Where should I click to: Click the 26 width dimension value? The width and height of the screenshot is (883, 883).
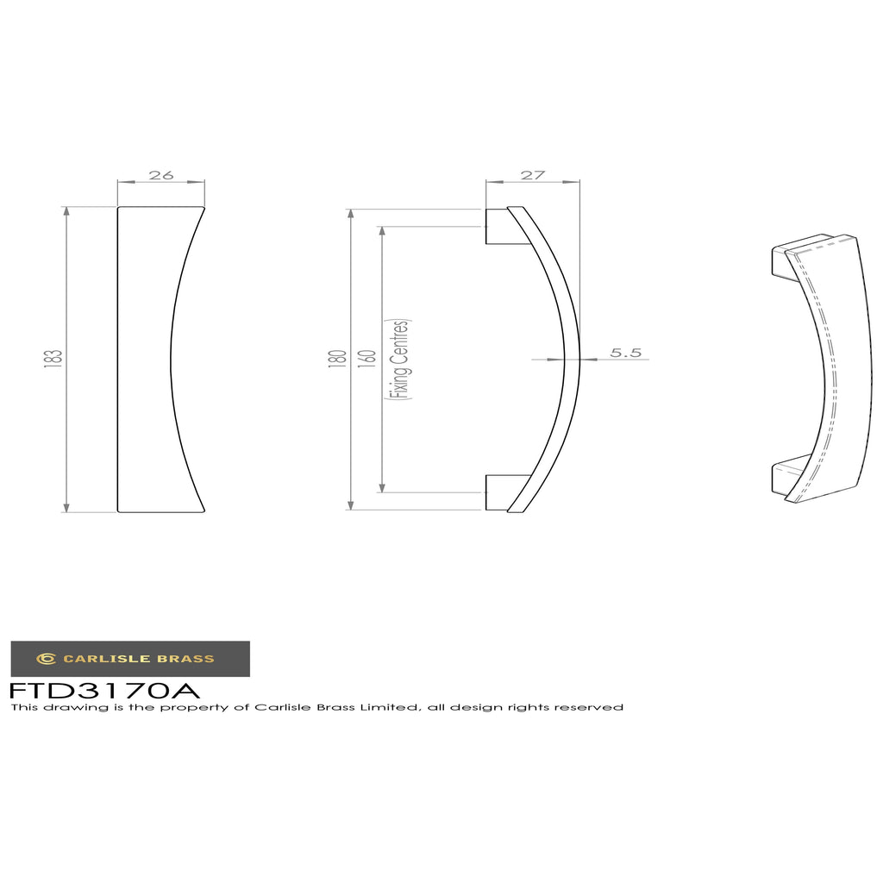tap(161, 175)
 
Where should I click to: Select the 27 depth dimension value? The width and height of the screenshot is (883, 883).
tap(533, 175)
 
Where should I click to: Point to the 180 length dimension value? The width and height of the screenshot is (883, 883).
tap(337, 360)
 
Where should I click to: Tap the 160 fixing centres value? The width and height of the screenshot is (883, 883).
tap(366, 360)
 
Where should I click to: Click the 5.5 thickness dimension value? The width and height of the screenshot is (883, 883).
tap(626, 353)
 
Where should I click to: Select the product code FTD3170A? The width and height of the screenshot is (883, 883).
tap(104, 690)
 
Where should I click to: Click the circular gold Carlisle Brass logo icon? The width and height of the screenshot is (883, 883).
tap(47, 658)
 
